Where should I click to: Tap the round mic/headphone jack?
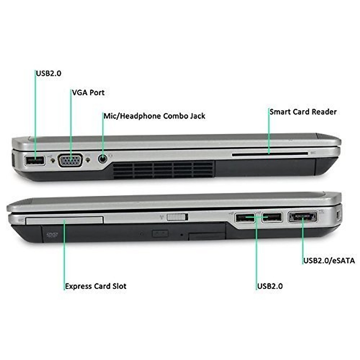pos(103,158)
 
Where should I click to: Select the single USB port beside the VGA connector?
pos(34,161)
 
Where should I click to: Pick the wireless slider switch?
pos(177,217)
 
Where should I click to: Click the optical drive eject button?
pos(160,233)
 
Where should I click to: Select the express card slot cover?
pos(64,220)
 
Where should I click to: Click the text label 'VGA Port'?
pos(88,92)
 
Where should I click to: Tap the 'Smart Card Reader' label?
pos(303,112)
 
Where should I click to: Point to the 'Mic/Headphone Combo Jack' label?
pos(154,116)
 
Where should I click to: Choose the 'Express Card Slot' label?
pos(96,286)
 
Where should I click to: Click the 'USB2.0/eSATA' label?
pos(329,260)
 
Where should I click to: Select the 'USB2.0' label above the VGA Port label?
pos(49,73)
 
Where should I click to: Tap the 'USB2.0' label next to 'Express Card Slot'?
pos(270,286)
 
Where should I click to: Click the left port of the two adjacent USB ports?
pos(244,217)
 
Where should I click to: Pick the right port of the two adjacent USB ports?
pos(272,217)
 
